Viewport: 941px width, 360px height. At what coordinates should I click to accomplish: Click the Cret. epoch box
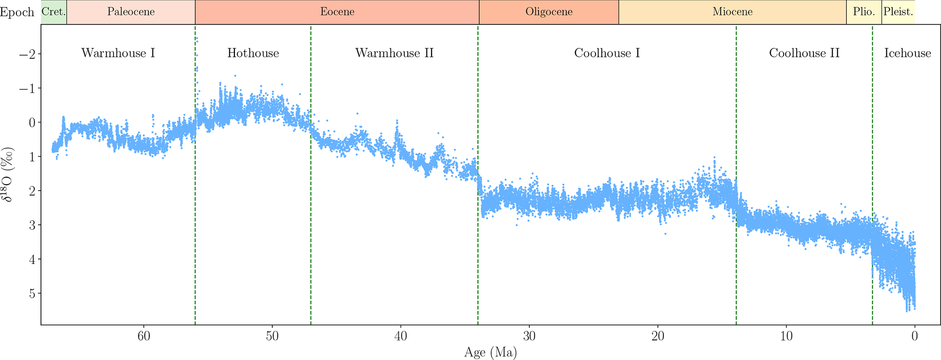pyautogui.click(x=54, y=12)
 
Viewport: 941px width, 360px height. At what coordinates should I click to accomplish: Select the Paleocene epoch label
pyautogui.click(x=131, y=12)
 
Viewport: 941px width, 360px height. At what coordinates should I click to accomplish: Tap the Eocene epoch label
pyautogui.click(x=337, y=12)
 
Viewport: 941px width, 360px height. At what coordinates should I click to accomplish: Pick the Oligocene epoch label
pyautogui.click(x=549, y=12)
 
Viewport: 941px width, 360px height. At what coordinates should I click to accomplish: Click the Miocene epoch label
pyautogui.click(x=732, y=12)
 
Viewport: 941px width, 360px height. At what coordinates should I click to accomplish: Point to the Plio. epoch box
pyautogui.click(x=864, y=12)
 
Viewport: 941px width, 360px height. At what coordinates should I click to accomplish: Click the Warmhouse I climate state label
pyautogui.click(x=118, y=53)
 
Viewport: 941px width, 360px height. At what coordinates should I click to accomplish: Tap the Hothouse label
pyautogui.click(x=253, y=53)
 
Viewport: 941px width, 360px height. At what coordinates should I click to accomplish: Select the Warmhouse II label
pyautogui.click(x=394, y=53)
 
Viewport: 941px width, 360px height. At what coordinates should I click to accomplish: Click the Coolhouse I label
pyautogui.click(x=607, y=53)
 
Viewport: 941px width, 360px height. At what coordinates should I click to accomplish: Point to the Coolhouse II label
pyautogui.click(x=804, y=53)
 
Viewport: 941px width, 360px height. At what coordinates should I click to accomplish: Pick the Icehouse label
pyautogui.click(x=907, y=53)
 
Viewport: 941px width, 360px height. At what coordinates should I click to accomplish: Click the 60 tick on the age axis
pyautogui.click(x=144, y=337)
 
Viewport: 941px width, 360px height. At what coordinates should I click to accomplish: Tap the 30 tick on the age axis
pyautogui.click(x=529, y=337)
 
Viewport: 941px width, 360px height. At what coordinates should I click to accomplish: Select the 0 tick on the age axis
pyautogui.click(x=915, y=337)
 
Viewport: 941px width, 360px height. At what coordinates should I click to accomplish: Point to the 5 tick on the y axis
pyautogui.click(x=32, y=294)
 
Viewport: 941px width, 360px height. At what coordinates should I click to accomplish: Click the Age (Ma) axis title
pyautogui.click(x=490, y=352)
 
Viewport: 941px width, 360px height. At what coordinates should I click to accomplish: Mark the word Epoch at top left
pyautogui.click(x=17, y=12)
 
